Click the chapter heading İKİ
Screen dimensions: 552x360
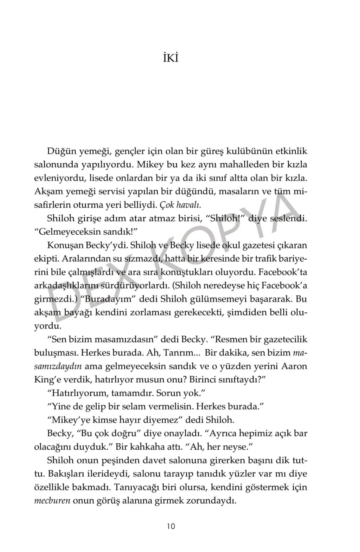(x=171, y=58)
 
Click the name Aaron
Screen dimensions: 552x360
(x=294, y=366)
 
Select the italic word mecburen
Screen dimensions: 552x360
(x=52, y=501)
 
